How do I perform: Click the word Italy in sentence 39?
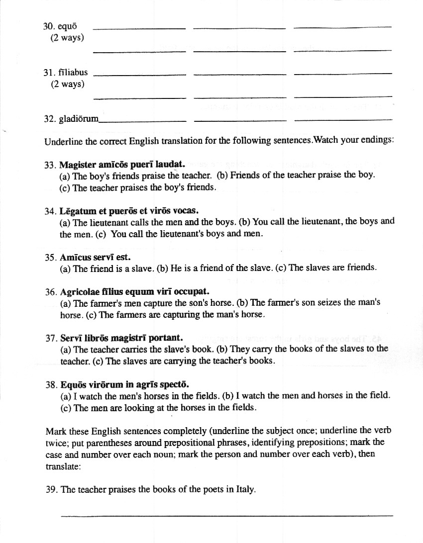246,489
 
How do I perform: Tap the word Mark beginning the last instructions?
54,431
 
